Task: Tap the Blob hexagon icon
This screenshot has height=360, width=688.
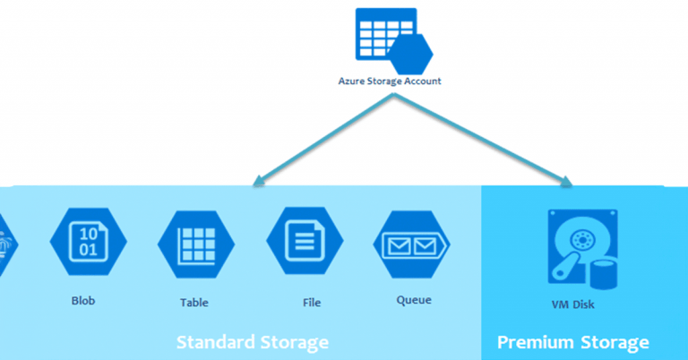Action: click(88, 244)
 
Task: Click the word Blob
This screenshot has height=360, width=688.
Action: click(83, 301)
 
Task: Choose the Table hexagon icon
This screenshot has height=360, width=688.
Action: click(195, 244)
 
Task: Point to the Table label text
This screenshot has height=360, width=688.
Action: click(193, 303)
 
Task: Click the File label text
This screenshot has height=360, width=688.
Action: click(312, 303)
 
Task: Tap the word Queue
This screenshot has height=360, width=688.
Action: click(414, 301)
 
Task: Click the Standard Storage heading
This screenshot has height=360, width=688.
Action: click(252, 342)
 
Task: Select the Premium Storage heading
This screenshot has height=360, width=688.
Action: click(572, 342)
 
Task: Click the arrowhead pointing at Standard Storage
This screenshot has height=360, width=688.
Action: click(258, 182)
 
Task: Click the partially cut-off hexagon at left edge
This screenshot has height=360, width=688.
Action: click(5, 244)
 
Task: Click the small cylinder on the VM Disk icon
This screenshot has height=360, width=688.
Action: click(604, 272)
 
